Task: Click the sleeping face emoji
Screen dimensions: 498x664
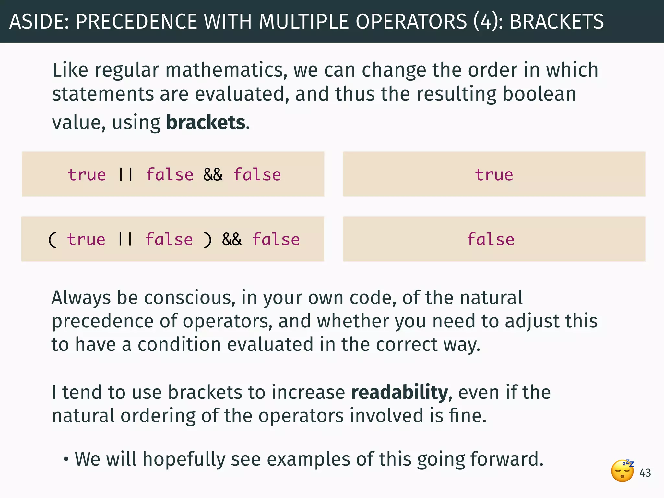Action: (622, 471)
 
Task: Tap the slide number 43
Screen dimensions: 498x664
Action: (645, 473)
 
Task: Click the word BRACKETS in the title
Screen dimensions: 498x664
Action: (557, 22)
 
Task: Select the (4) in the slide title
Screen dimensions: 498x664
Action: (486, 22)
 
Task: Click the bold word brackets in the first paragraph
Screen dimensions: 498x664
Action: (206, 123)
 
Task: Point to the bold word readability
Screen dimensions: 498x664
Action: (400, 392)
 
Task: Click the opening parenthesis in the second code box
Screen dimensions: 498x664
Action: (52, 240)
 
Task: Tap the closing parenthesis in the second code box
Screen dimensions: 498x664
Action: (207, 240)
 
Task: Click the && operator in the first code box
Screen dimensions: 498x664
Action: (213, 175)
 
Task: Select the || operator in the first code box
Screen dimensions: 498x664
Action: (126, 175)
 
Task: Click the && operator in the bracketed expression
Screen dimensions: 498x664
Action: (232, 240)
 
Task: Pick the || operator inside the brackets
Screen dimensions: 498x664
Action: (125, 240)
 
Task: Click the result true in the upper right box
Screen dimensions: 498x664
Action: (494, 175)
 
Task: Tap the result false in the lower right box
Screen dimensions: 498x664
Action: (491, 240)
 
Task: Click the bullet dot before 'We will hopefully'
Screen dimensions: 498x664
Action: (66, 460)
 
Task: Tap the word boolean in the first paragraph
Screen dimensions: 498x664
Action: (539, 94)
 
